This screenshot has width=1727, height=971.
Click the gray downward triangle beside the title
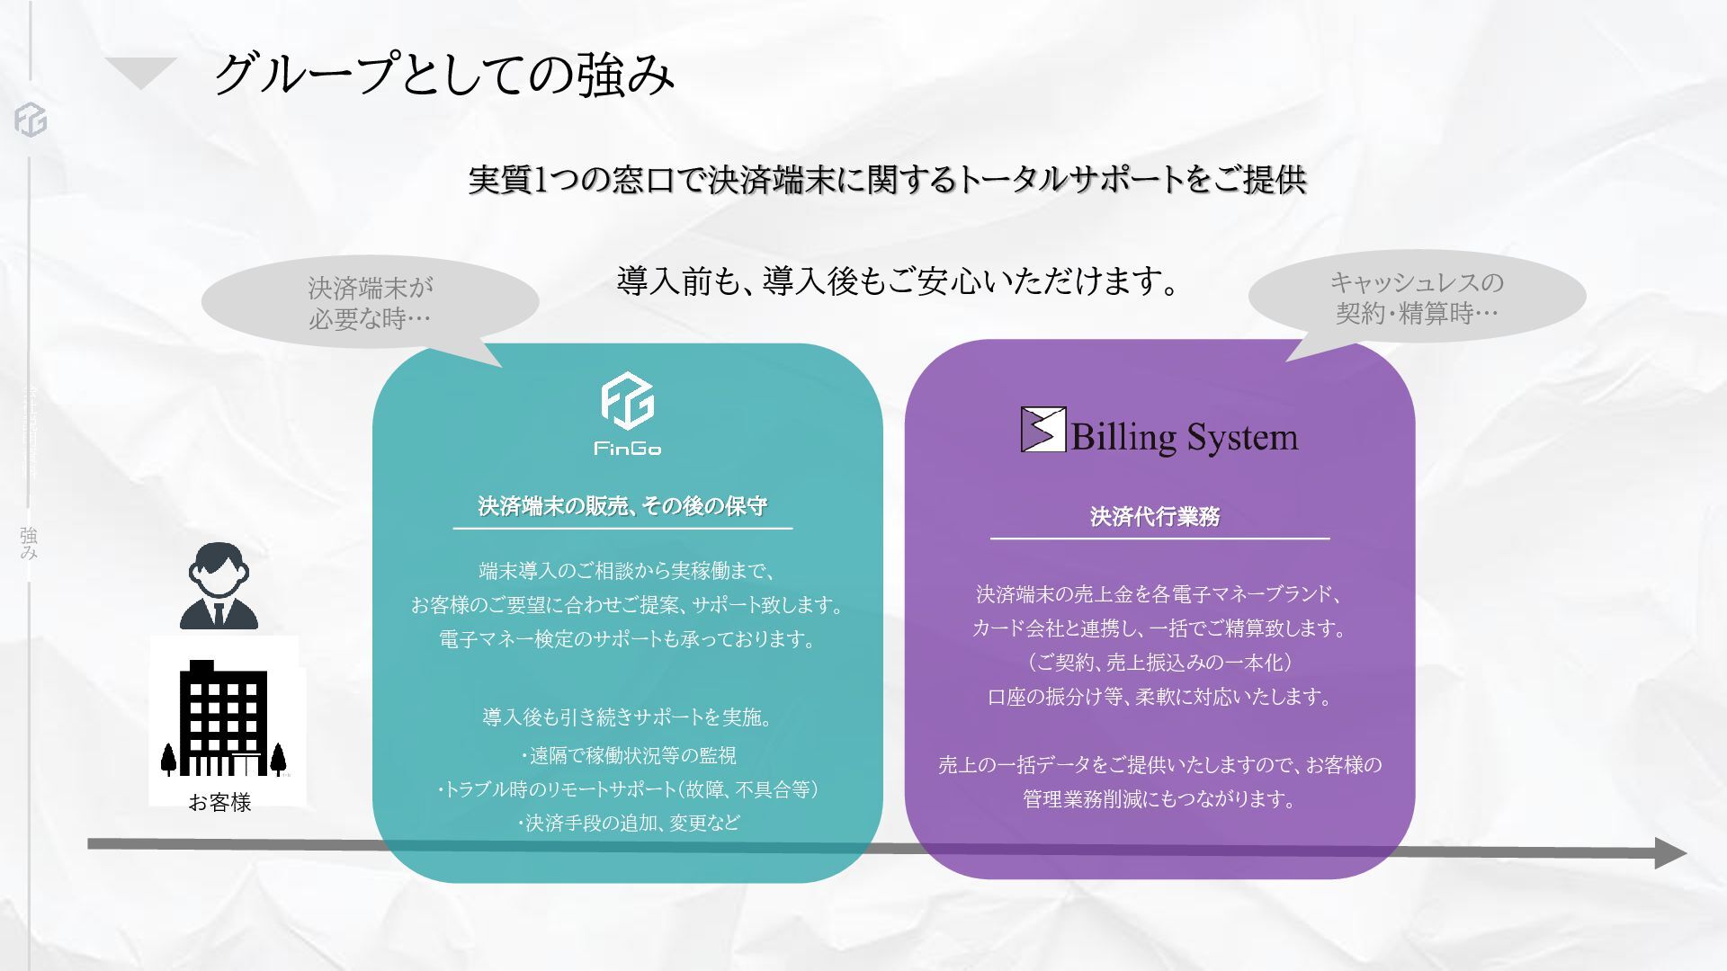click(x=140, y=72)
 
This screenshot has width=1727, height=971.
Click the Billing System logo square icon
click(x=1042, y=430)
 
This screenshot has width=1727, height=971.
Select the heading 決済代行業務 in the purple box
click(x=1155, y=517)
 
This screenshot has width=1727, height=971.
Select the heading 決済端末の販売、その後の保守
click(x=622, y=506)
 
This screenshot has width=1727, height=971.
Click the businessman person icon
click(x=219, y=586)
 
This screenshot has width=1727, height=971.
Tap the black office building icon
click(x=224, y=719)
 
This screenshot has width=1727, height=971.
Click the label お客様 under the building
click(x=219, y=803)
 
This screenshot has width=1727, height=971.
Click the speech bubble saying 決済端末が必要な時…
click(x=370, y=303)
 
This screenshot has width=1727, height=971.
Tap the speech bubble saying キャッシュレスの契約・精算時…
click(x=1417, y=298)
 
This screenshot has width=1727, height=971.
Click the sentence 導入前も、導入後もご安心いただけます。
click(x=898, y=282)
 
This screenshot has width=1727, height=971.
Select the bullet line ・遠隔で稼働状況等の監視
click(x=628, y=755)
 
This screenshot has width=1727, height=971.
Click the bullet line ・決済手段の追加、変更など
click(x=628, y=823)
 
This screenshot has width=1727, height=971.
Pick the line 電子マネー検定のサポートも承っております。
click(x=628, y=639)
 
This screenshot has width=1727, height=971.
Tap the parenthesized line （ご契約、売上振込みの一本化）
click(x=1159, y=663)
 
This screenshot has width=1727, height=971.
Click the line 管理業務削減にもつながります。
click(x=1159, y=798)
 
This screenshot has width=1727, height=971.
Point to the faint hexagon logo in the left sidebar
click(x=31, y=120)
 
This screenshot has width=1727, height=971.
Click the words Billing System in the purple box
click(x=1184, y=438)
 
